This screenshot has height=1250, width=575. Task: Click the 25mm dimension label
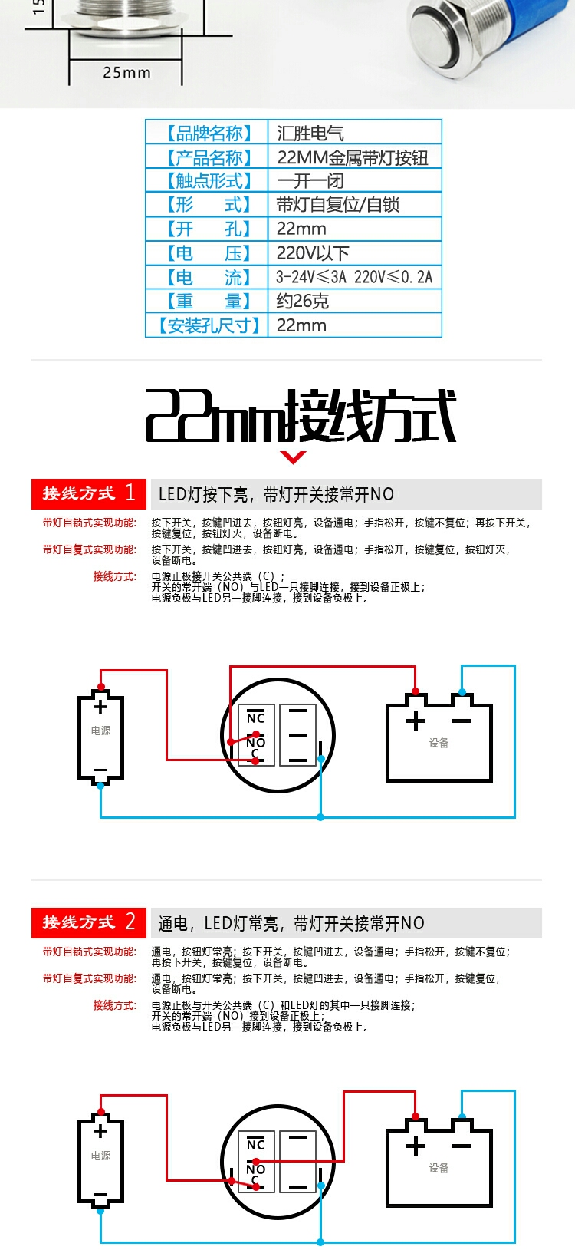point(127,73)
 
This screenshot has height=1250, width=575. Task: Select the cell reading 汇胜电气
point(310,134)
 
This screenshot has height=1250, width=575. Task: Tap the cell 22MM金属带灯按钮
point(353,158)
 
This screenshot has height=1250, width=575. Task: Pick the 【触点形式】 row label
point(209,181)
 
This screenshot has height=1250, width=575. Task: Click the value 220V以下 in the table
point(313,253)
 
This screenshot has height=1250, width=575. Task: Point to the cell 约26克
point(302,302)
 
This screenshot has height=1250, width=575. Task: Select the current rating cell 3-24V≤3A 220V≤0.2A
point(355,277)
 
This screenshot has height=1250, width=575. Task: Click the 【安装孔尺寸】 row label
point(209,325)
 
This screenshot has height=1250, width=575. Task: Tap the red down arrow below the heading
point(294,457)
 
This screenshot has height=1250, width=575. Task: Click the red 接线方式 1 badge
point(89,493)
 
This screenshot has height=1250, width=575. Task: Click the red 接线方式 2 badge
point(89,922)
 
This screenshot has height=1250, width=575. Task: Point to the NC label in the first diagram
point(255,717)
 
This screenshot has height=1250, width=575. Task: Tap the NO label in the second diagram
point(255,1169)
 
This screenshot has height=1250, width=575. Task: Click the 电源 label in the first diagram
point(101,731)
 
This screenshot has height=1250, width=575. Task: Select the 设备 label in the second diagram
point(439,1168)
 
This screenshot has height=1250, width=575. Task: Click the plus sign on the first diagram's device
point(416,721)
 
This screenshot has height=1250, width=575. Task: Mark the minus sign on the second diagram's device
point(462,1146)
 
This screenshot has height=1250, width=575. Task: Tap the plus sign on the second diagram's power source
point(100,1131)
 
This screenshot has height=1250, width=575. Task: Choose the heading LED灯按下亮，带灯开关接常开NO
point(276,494)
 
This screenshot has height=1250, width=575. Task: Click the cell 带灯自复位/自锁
point(338,205)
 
